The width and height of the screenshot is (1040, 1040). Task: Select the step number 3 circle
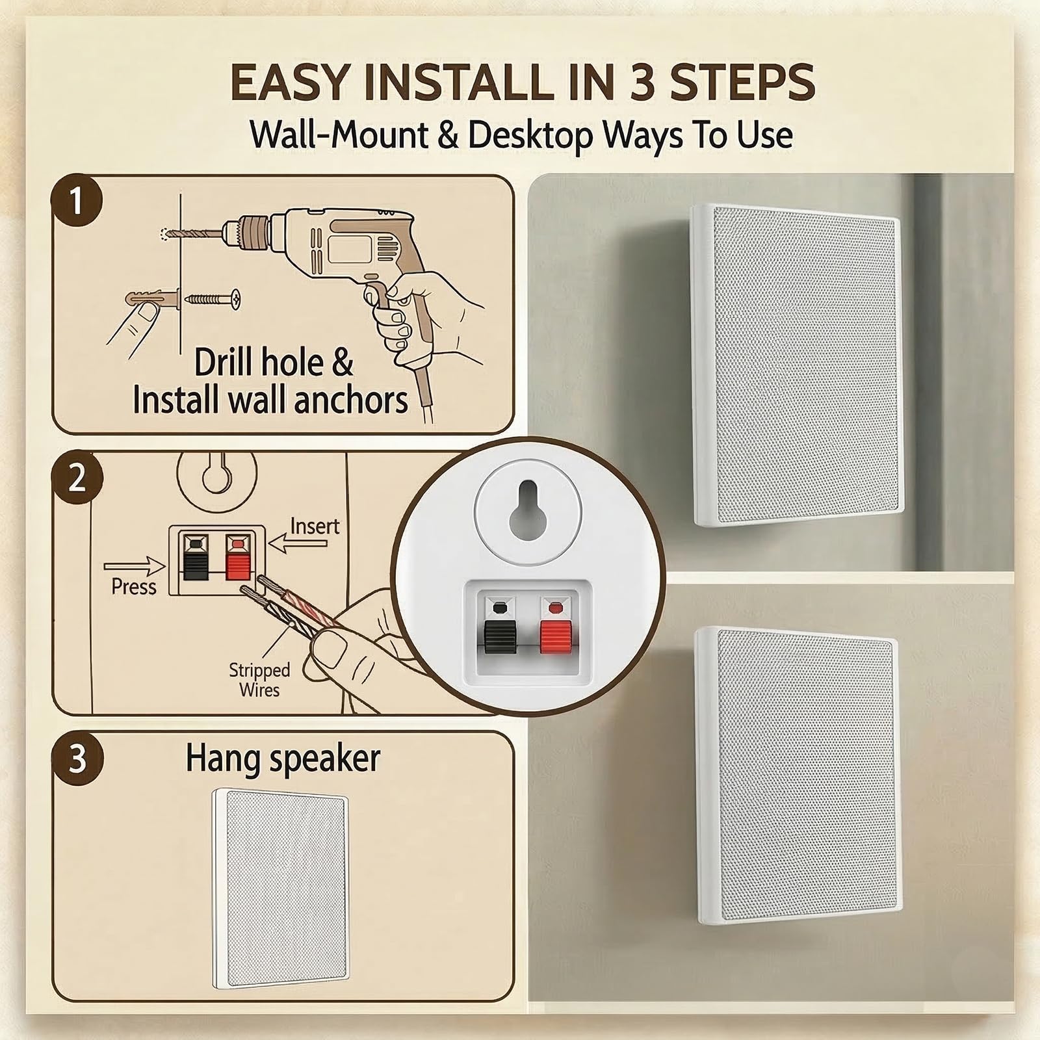[77, 758]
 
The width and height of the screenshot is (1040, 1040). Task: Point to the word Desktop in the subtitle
[530, 136]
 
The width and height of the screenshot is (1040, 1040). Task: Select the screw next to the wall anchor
[213, 299]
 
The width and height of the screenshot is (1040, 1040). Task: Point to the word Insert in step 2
[315, 525]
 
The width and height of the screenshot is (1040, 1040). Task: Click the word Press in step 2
[133, 586]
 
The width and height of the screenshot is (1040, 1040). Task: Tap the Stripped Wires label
[259, 679]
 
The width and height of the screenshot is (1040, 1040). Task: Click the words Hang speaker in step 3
[283, 759]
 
